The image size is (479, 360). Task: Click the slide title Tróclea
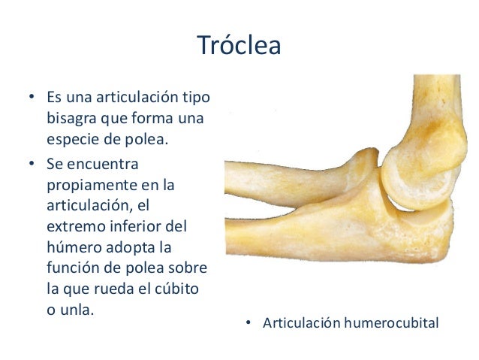(x=239, y=47)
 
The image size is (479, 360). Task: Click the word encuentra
(x=110, y=162)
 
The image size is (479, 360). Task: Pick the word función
(x=72, y=268)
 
